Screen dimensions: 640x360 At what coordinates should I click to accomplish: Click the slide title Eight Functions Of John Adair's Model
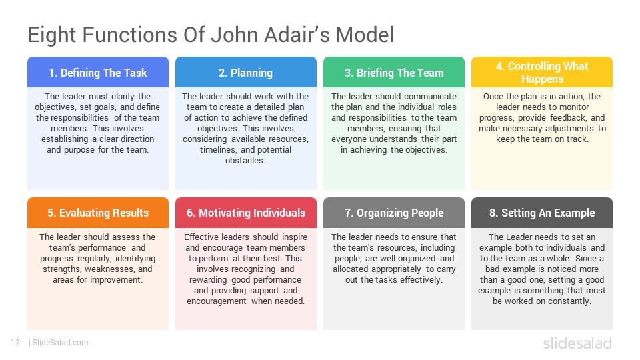pyautogui.click(x=211, y=35)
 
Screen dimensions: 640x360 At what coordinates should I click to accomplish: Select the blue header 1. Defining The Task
pyautogui.click(x=98, y=72)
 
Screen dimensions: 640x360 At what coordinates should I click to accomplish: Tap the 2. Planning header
pyautogui.click(x=246, y=72)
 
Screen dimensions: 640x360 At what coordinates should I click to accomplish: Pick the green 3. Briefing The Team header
pyautogui.click(x=394, y=72)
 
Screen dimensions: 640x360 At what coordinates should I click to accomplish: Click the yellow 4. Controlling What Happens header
pyautogui.click(x=542, y=72)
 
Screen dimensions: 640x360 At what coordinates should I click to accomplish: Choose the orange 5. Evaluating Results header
pyautogui.click(x=98, y=213)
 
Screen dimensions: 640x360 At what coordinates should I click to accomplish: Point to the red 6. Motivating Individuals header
pyautogui.click(x=246, y=213)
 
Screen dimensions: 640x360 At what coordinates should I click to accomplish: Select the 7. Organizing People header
pyautogui.click(x=394, y=213)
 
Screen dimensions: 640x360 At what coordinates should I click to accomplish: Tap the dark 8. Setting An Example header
pyautogui.click(x=542, y=213)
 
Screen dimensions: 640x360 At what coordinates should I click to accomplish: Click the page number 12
pyautogui.click(x=15, y=343)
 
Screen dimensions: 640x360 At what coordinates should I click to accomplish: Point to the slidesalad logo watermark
pyautogui.click(x=577, y=343)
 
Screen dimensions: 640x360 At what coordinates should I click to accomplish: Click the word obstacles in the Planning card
pyautogui.click(x=245, y=161)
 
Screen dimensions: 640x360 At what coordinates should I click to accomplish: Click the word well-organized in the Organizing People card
pyautogui.click(x=407, y=259)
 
